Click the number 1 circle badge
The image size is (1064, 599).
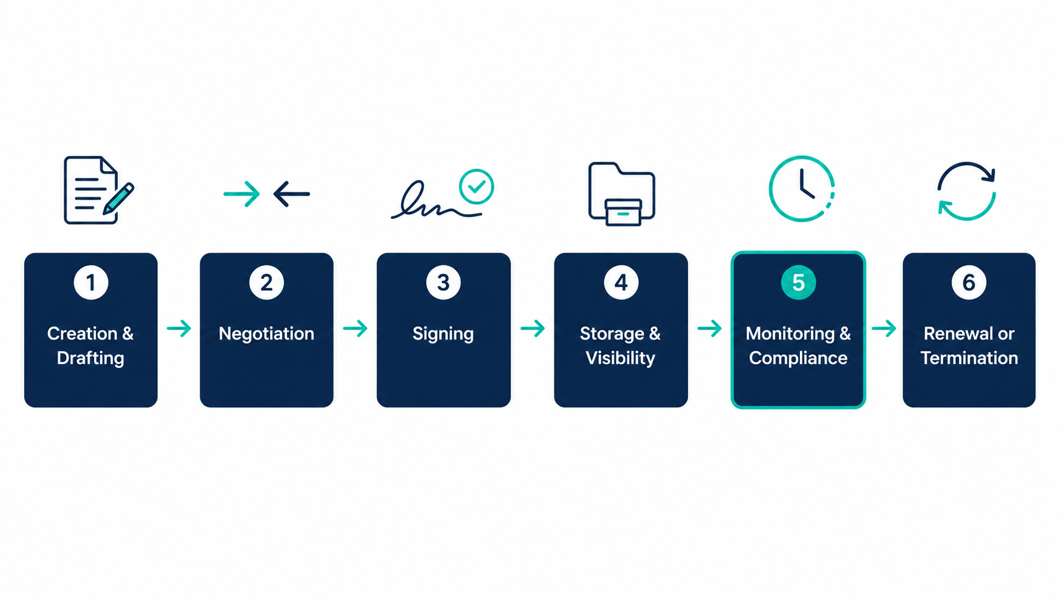pos(91,282)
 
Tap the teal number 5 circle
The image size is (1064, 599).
pos(798,282)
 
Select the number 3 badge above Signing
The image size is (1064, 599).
pos(444,282)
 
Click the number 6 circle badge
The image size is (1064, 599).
pos(969,282)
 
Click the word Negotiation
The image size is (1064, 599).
pos(266,334)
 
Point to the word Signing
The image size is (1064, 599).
pos(443,334)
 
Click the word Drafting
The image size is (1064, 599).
pos(90,358)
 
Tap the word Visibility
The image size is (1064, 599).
pos(620,358)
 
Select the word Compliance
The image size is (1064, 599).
pos(798,358)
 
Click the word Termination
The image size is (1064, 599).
pos(969,358)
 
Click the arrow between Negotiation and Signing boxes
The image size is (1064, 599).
pos(355,328)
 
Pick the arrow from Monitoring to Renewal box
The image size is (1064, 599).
pos(884,328)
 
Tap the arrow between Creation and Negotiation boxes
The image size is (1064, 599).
pos(179,328)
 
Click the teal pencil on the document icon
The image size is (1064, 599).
pos(119,198)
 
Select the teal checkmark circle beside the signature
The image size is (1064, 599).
pos(476,187)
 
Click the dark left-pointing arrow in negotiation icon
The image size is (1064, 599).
pos(291,194)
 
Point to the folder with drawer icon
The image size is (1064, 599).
pos(621,194)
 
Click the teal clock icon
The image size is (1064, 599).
pos(801,188)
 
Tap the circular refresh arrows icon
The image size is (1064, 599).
pos(966,191)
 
